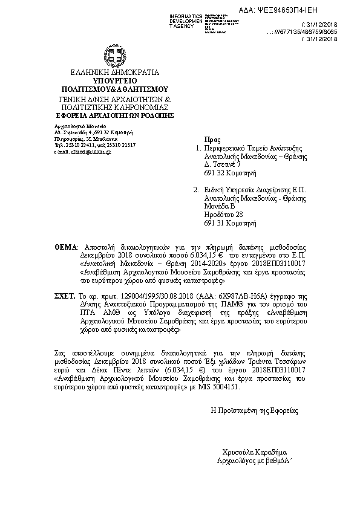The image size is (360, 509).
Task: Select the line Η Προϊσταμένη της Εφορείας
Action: pos(254,410)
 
